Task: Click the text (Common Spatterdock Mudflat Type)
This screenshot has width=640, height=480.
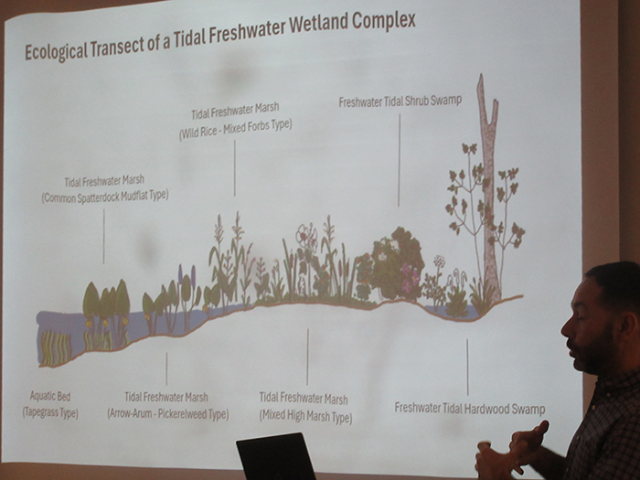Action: tap(104, 196)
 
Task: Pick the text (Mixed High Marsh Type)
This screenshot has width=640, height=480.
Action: tap(306, 417)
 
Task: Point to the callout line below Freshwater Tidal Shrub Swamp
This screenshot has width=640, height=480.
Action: tap(399, 160)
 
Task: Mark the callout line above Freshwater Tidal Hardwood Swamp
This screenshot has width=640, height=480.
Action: tap(467, 366)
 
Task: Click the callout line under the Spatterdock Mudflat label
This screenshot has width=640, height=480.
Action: tap(103, 235)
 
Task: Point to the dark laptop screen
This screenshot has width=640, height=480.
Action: tap(274, 457)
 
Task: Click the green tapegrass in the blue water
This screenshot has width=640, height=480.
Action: tap(56, 347)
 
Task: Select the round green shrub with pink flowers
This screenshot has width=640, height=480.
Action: tap(395, 265)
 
